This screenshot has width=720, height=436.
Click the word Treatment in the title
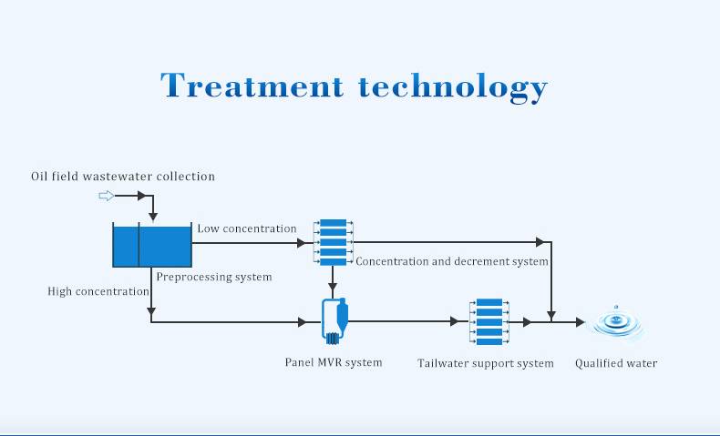(x=252, y=85)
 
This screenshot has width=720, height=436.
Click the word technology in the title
(x=453, y=87)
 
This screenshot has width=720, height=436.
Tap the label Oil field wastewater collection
(x=123, y=177)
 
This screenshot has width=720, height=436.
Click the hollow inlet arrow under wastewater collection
(x=107, y=196)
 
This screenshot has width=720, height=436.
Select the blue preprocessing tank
(x=152, y=245)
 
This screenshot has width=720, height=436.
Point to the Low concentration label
(x=247, y=228)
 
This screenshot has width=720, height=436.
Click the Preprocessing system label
(x=214, y=277)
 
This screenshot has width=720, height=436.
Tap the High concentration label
(x=98, y=291)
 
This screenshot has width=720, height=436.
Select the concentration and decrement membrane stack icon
(x=334, y=242)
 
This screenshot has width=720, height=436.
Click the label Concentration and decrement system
(x=452, y=261)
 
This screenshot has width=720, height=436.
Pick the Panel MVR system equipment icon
(x=334, y=321)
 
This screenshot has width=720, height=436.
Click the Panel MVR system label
(x=334, y=362)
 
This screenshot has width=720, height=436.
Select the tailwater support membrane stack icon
(x=489, y=322)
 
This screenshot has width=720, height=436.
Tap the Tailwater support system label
(x=486, y=363)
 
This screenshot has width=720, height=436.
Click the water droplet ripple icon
(x=616, y=323)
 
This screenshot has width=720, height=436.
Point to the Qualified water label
(x=616, y=363)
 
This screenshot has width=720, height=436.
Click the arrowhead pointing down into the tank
(x=153, y=217)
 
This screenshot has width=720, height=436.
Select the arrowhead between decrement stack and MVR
(x=333, y=288)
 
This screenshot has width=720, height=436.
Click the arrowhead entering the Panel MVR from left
(x=303, y=322)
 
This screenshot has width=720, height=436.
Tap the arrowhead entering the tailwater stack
(x=455, y=322)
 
